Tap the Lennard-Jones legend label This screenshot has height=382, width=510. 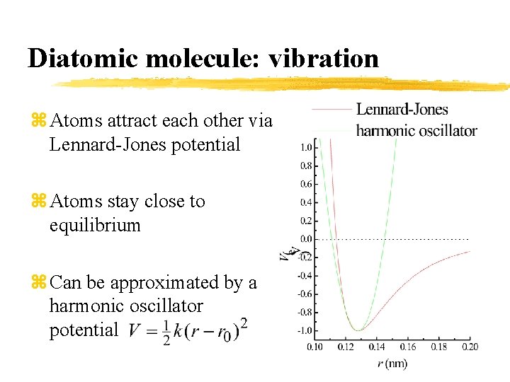[402, 110]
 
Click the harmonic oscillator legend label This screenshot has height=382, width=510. [416, 130]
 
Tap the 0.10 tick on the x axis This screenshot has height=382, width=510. [314, 347]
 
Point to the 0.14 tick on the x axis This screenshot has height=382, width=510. [377, 347]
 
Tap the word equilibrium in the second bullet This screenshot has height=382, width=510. [95, 226]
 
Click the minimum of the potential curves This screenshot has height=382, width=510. [358, 330]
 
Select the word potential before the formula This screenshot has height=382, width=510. [83, 330]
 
